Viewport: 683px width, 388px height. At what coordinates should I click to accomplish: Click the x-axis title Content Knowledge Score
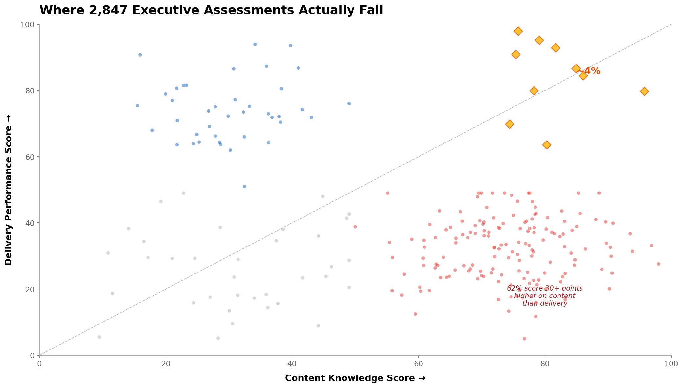(x=355, y=378)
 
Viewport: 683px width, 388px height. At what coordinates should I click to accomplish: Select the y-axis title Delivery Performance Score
(x=9, y=190)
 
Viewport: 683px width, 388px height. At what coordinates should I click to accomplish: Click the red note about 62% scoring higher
(x=545, y=296)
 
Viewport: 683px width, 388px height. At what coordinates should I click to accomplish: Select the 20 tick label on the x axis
(x=166, y=363)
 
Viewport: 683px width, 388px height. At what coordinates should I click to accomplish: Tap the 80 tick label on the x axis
(x=545, y=363)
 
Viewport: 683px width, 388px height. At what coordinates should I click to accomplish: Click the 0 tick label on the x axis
(x=39, y=363)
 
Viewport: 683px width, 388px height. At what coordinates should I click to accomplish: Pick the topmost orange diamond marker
(x=518, y=31)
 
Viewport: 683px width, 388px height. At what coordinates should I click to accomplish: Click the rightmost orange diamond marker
(x=644, y=91)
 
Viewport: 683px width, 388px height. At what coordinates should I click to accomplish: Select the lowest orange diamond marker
(x=547, y=145)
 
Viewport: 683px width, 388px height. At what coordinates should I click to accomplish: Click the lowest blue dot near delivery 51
(x=244, y=187)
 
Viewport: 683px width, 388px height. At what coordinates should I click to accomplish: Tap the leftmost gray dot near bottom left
(x=99, y=337)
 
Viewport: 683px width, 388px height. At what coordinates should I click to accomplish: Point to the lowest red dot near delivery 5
(x=524, y=339)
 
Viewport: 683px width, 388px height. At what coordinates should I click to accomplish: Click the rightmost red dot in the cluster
(x=658, y=264)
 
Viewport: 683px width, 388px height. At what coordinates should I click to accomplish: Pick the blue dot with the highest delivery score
(x=255, y=44)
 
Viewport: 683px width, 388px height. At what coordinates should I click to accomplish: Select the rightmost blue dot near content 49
(x=349, y=104)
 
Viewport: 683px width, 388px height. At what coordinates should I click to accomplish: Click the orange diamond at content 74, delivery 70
(x=510, y=124)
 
